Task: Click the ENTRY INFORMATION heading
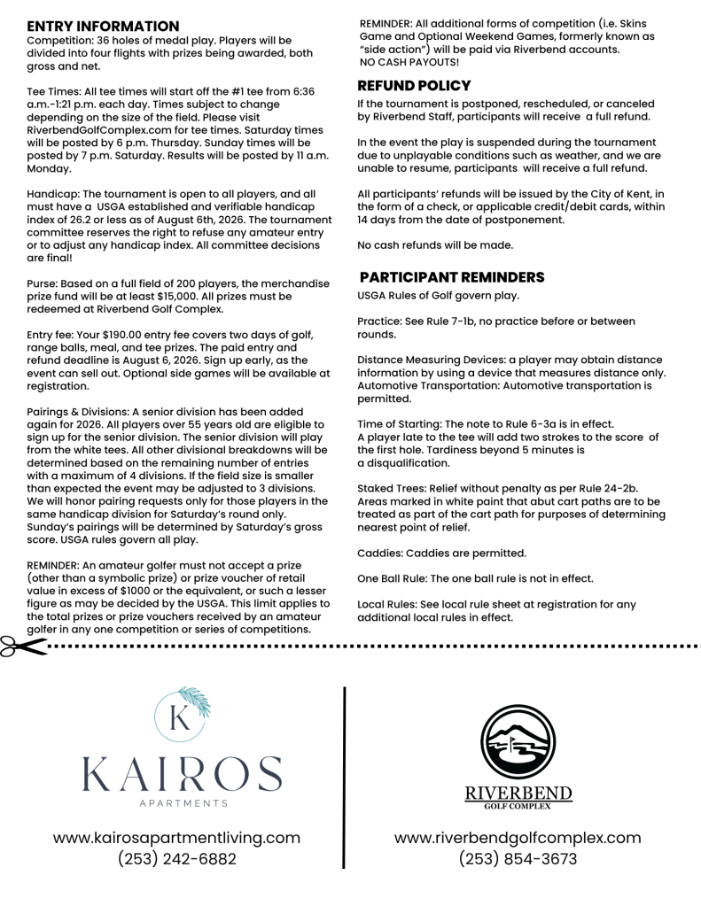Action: pos(103,27)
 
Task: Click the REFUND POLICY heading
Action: pos(414,86)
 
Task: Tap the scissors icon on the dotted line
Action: pos(23,647)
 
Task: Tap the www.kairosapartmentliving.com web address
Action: pos(176,837)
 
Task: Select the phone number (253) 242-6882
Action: pos(176,859)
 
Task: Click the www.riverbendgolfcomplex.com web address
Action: pos(518,837)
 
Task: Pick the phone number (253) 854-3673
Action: pos(518,859)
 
